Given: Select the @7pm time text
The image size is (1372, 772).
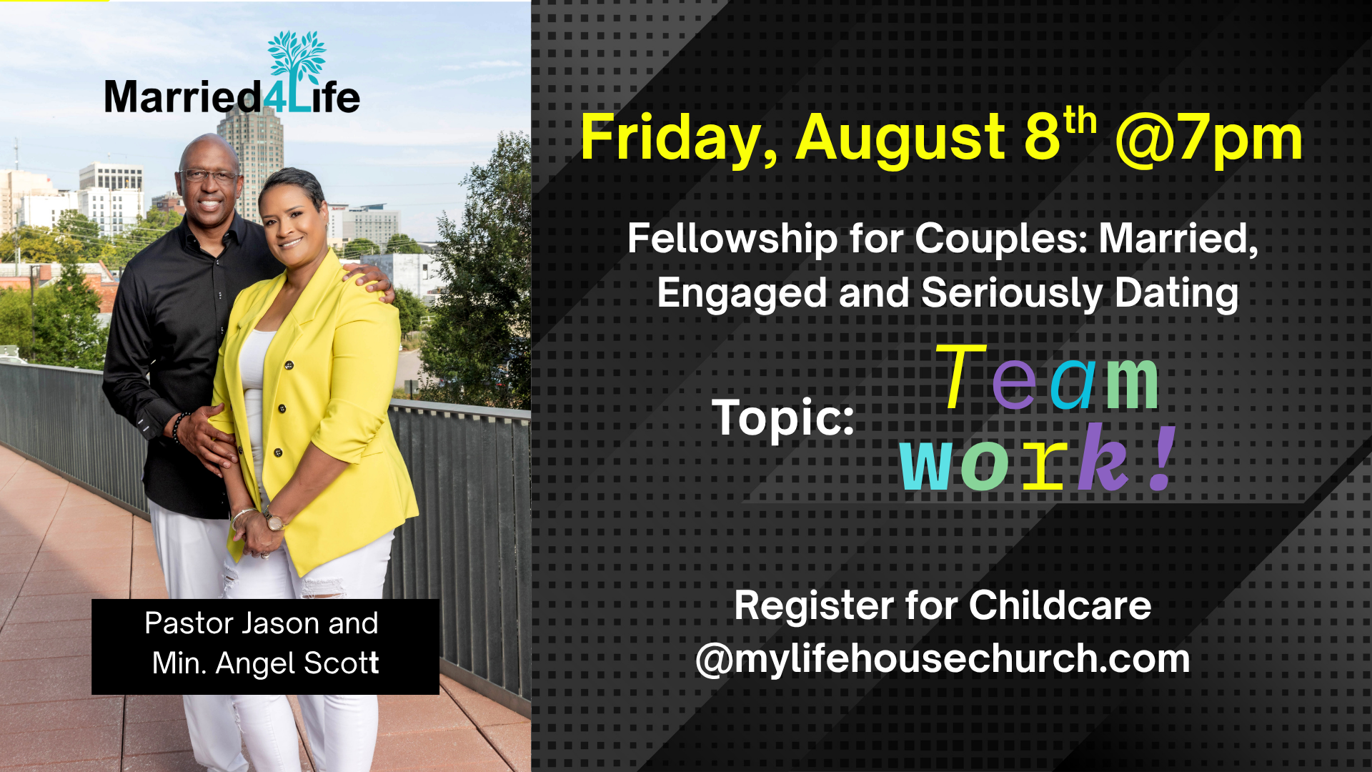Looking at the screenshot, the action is coord(1208,139).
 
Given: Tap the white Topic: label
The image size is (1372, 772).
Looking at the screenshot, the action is coord(783,417).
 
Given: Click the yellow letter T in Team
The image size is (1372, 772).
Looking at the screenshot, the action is coord(960,377).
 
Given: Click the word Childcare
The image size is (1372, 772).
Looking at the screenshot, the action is coord(1060,606).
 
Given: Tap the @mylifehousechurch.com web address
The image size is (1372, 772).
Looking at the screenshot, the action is coord(943,659).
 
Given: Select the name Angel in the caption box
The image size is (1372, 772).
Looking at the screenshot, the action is coord(255,664).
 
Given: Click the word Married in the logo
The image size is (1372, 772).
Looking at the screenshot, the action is coord(183,98).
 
